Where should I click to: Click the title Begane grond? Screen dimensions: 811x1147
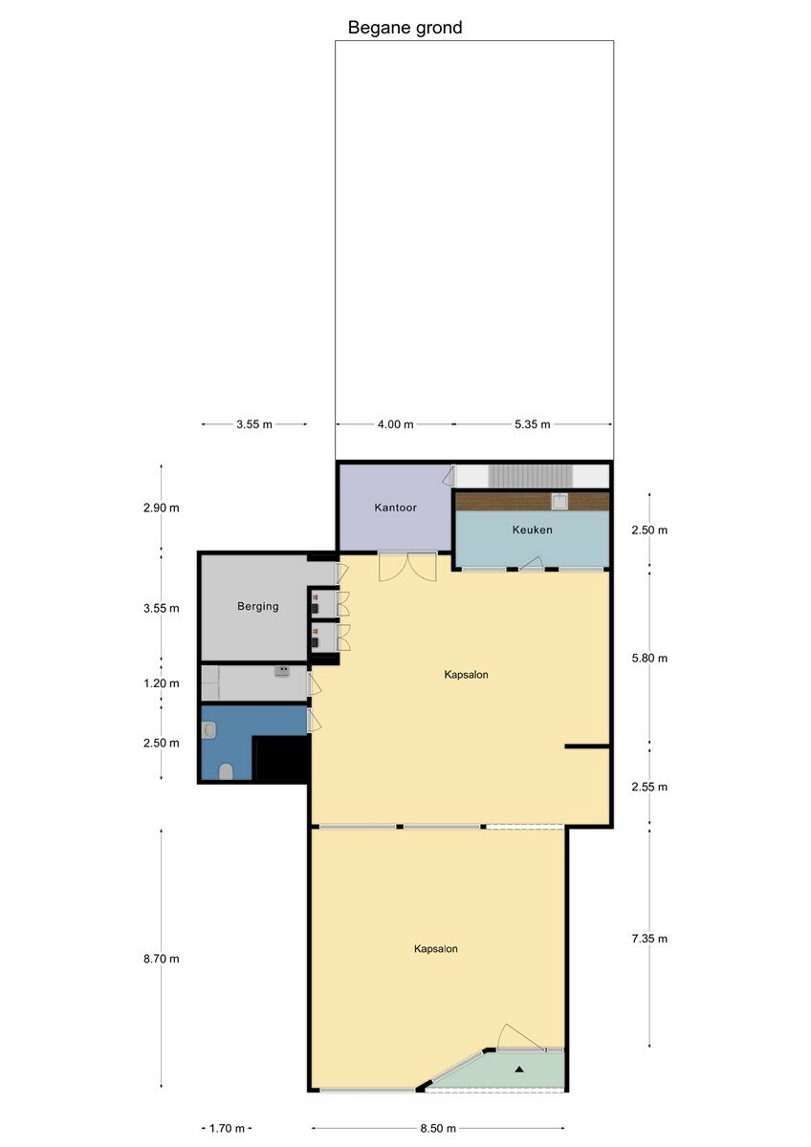pos(405,28)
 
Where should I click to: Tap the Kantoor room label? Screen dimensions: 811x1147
pos(396,508)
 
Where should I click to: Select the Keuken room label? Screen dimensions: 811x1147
pos(533,530)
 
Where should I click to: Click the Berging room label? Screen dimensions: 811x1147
pos(257,606)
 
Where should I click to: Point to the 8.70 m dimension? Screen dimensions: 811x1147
pos(162,959)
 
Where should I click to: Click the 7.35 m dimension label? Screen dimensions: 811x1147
pos(649,939)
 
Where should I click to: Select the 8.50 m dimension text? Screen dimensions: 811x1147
pos(438,1128)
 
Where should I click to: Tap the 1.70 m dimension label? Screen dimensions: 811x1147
pos(227,1128)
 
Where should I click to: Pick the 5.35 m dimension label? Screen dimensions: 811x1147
pos(533,424)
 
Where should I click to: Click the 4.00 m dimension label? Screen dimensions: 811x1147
pos(396,424)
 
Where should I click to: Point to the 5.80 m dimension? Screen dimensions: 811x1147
pos(649,658)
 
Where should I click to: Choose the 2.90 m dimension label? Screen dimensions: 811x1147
pos(162,508)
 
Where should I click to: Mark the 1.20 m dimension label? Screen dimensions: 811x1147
pos(162,683)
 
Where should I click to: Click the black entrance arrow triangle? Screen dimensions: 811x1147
pos(519,1070)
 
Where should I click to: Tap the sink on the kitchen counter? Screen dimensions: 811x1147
pos(560,501)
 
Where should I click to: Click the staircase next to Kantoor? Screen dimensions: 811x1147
pos(530,476)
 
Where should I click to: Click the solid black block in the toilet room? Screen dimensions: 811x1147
pos(282,758)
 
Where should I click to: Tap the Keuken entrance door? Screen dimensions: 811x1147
pos(532,563)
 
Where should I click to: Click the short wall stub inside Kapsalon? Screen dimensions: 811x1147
pos(587,747)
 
